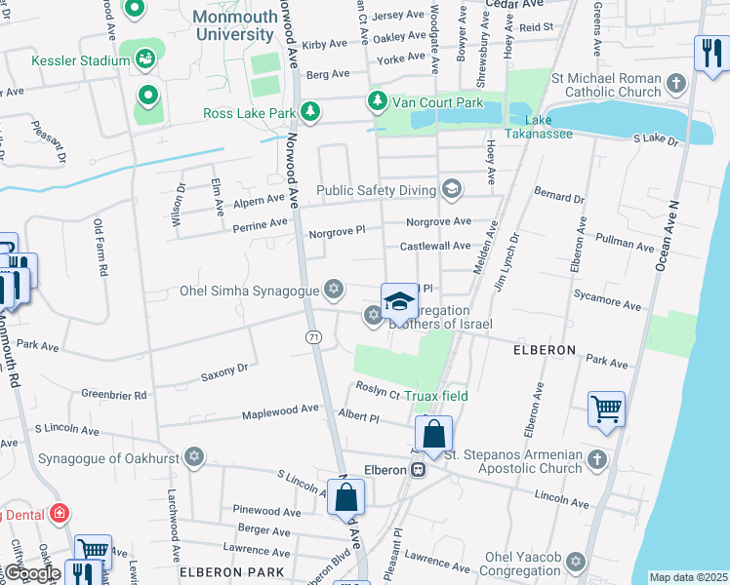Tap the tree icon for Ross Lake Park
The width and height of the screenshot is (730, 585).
click(310, 113)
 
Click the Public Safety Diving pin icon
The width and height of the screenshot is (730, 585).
click(451, 188)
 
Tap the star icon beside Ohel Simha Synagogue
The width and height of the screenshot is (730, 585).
click(334, 290)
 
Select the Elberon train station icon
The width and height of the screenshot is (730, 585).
click(419, 470)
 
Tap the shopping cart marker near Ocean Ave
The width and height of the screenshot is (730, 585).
click(606, 409)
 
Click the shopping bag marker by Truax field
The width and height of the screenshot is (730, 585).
click(433, 433)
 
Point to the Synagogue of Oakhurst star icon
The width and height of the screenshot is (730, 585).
click(194, 457)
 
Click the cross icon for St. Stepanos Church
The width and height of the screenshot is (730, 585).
click(596, 458)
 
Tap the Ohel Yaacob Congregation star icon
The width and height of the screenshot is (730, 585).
click(576, 563)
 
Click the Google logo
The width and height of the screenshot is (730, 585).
click(31, 574)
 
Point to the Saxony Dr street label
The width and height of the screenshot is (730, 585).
click(225, 370)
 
